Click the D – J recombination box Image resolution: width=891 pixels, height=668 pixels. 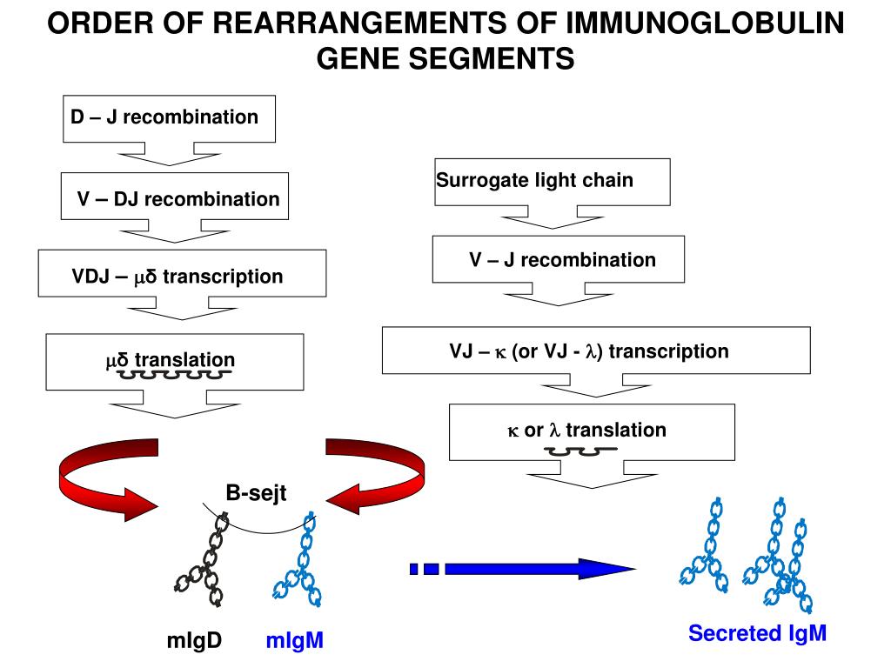pyautogui.click(x=169, y=118)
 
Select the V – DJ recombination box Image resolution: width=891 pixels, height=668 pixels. pyautogui.click(x=174, y=196)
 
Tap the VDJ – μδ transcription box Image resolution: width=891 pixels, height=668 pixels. pyautogui.click(x=182, y=273)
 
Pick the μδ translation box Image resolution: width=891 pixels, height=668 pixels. pyautogui.click(x=174, y=362)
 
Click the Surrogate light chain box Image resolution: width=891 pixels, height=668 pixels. pyautogui.click(x=552, y=182)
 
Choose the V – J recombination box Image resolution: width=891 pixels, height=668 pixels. pyautogui.click(x=558, y=259)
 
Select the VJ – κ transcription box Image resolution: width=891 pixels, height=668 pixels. pyautogui.click(x=596, y=350)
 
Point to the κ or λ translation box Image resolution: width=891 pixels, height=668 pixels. pyautogui.click(x=592, y=431)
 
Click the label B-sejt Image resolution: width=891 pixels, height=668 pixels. pyautogui.click(x=256, y=492)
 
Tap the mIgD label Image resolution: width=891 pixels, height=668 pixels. pyautogui.click(x=194, y=640)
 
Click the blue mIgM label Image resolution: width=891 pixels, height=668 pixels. pyautogui.click(x=294, y=640)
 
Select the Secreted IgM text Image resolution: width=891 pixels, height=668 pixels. pyautogui.click(x=757, y=633)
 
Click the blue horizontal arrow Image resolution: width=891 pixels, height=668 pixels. pyautogui.click(x=522, y=569)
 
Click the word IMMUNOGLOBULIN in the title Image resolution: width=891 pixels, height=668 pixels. pyautogui.click(x=705, y=23)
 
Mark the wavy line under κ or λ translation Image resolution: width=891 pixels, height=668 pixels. pyautogui.click(x=580, y=451)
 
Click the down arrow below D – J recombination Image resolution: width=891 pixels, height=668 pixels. pyautogui.click(x=169, y=155)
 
